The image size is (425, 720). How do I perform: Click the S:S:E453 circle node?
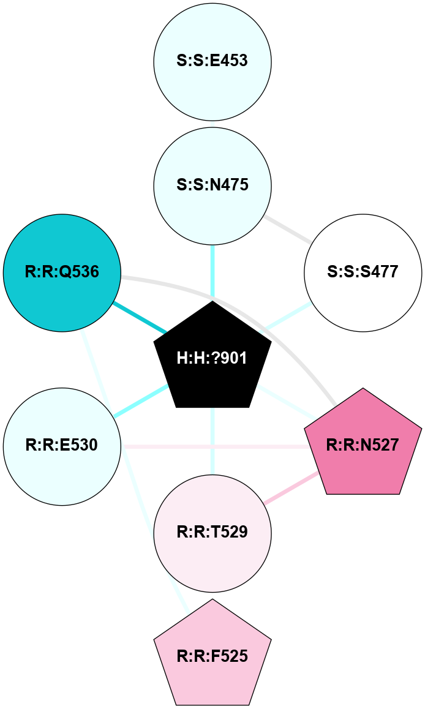tap(212, 62)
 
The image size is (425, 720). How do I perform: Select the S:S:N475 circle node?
tap(212, 185)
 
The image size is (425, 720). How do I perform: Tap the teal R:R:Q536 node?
tap(62, 272)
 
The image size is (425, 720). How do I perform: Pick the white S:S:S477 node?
tap(363, 272)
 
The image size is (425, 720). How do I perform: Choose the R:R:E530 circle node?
tap(62, 446)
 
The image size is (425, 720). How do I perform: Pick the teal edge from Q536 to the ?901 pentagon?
tap(140, 317)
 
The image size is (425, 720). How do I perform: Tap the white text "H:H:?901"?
tap(212, 359)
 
